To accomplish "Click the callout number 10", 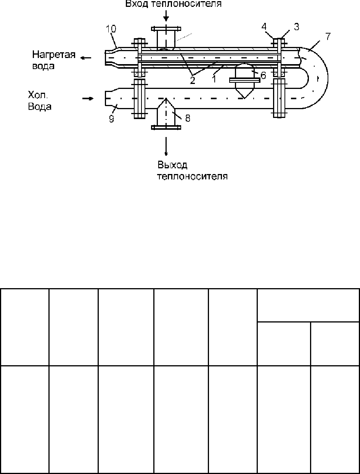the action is pos(111,29).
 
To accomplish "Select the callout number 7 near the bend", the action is pos(328,37).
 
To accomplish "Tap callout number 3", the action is pos(297,27).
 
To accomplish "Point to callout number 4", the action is pos(264,27).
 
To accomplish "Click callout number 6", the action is pos(264,75).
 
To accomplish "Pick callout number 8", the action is pos(188,118).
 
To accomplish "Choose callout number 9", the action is pos(111,119).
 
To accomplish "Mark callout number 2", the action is pos(193,80).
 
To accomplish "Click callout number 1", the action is pos(214,79).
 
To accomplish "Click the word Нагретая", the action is pos(54,55).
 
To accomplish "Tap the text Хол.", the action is pos(38,95).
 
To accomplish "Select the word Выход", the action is pos(172,165).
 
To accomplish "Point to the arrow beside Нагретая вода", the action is pos(86,58).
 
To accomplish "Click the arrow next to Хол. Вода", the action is pos(88,98).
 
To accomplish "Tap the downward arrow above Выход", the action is pos(166,146).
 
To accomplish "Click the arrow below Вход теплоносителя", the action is pos(166,16).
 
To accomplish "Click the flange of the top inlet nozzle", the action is pos(166,29).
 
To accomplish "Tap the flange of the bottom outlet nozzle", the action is pos(166,127).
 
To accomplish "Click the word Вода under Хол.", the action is pos(40,107).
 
